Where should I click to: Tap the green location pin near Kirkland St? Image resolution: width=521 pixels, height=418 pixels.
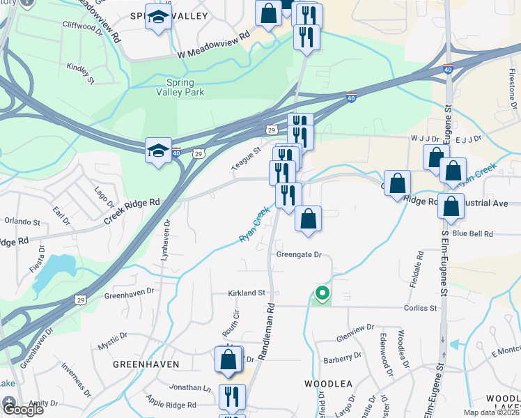pos(322,294)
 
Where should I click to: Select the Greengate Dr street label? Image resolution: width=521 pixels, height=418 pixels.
pos(299,256)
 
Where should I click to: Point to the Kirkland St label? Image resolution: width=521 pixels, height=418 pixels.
pos(247,293)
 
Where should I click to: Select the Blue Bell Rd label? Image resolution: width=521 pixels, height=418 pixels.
pos(472,234)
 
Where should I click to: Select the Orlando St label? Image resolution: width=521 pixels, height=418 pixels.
pos(22,222)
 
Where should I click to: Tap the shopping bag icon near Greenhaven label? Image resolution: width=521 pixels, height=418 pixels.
pos(229,360)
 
